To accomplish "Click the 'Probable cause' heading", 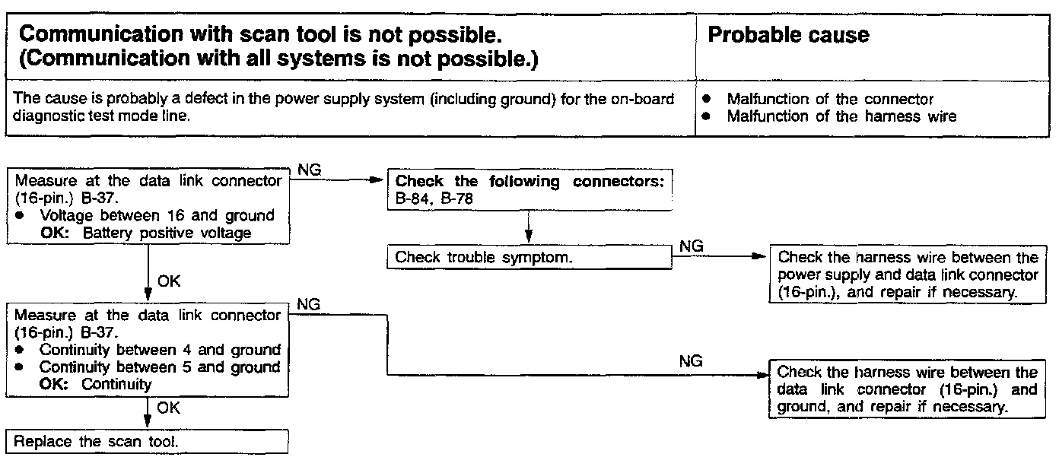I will pyautogui.click(x=788, y=36).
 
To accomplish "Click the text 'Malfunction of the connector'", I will pyautogui.click(x=830, y=99).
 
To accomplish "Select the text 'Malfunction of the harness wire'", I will pyautogui.click(x=841, y=116).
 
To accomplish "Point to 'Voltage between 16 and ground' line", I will pyautogui.click(x=157, y=216).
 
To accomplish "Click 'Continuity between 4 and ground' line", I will pyautogui.click(x=160, y=350).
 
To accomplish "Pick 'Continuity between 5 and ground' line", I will pyautogui.click(x=160, y=367).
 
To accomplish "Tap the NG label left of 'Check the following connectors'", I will pyautogui.click(x=309, y=170).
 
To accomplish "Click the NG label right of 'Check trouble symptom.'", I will pyautogui.click(x=691, y=246).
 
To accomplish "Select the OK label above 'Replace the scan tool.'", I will pyautogui.click(x=169, y=408).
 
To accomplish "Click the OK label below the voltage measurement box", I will pyautogui.click(x=169, y=281).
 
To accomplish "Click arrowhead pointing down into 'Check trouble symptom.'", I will pyautogui.click(x=529, y=238).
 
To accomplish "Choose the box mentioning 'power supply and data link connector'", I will pyautogui.click(x=908, y=275).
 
